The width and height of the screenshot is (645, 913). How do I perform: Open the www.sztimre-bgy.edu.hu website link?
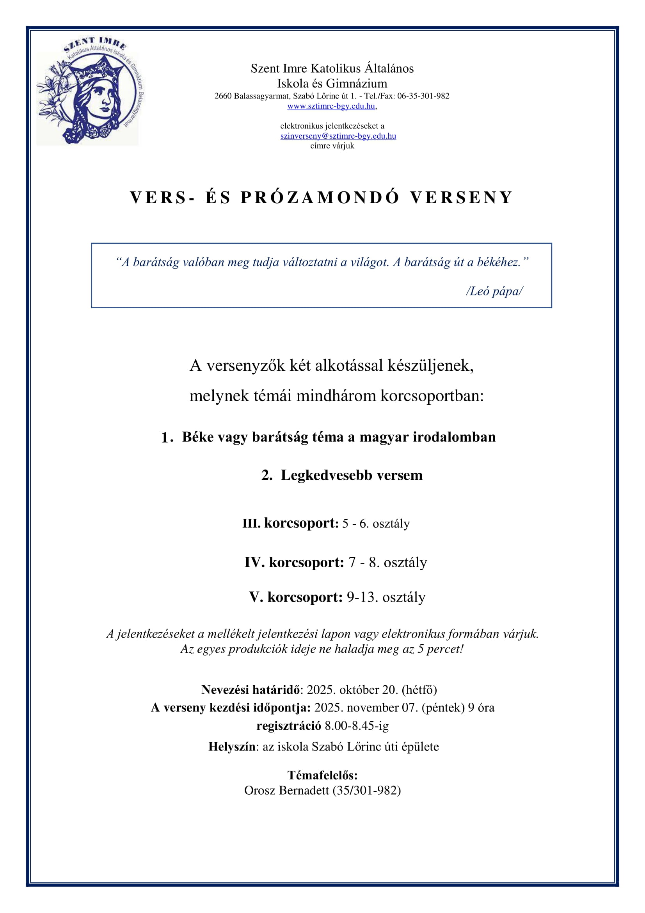tap(331, 106)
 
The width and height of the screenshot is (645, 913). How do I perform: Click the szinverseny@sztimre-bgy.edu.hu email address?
tap(338, 136)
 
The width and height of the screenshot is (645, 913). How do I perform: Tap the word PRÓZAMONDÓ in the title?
tap(320, 198)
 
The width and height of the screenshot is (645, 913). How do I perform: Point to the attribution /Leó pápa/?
tap(494, 291)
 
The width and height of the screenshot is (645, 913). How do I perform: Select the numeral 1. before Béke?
tap(167, 438)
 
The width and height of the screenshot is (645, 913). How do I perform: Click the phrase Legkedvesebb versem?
tap(352, 475)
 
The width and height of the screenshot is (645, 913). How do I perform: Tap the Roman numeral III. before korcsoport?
tap(251, 524)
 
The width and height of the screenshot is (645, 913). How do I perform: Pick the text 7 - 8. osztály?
tap(387, 562)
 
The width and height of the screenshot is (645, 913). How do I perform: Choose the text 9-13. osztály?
tap(386, 597)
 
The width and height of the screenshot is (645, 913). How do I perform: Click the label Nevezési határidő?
tap(250, 690)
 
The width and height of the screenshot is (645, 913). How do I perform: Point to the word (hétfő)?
tap(419, 690)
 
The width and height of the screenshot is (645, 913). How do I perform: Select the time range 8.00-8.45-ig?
tap(356, 726)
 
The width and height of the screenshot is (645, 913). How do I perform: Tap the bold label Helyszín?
tap(231, 747)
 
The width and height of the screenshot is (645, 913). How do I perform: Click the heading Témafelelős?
tap(322, 775)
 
